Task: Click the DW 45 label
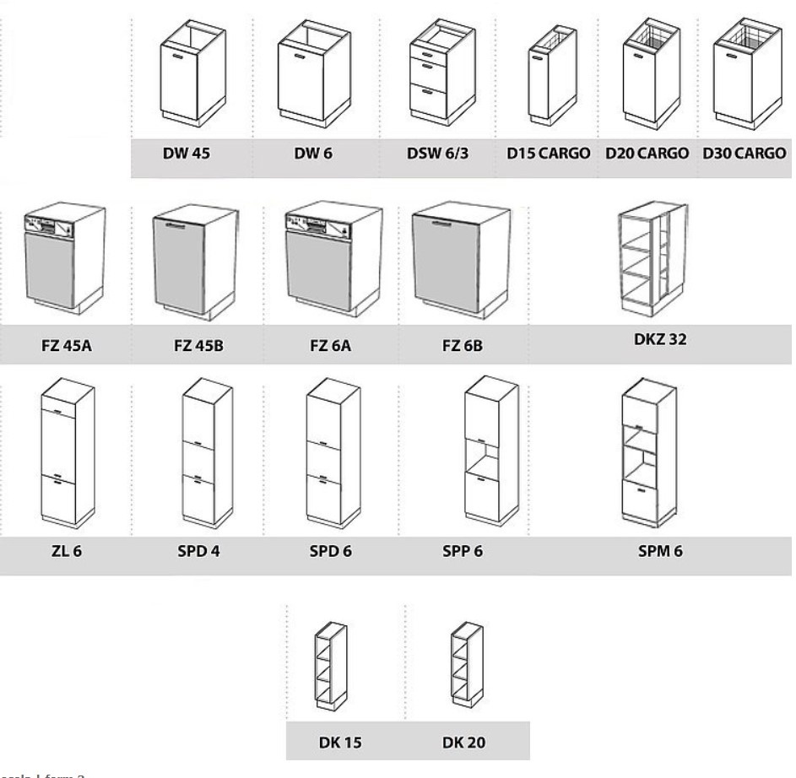tap(187, 155)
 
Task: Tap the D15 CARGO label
tap(548, 155)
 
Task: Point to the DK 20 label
tap(463, 743)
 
